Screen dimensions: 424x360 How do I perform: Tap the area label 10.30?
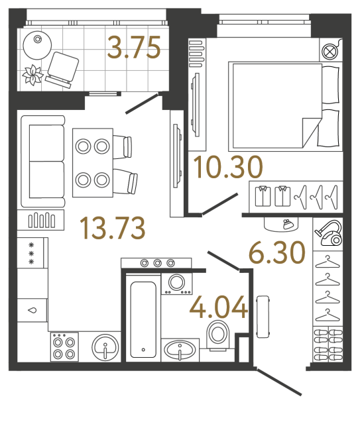pyautogui.click(x=228, y=168)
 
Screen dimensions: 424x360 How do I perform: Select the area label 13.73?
pyautogui.click(x=111, y=229)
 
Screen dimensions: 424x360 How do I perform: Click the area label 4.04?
pyautogui.click(x=218, y=307)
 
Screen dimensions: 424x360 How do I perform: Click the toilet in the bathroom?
pyautogui.click(x=217, y=333)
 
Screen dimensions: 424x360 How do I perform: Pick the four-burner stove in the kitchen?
pyautogui.click(x=64, y=346)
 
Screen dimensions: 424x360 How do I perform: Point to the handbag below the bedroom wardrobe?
pyautogui.click(x=286, y=223)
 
